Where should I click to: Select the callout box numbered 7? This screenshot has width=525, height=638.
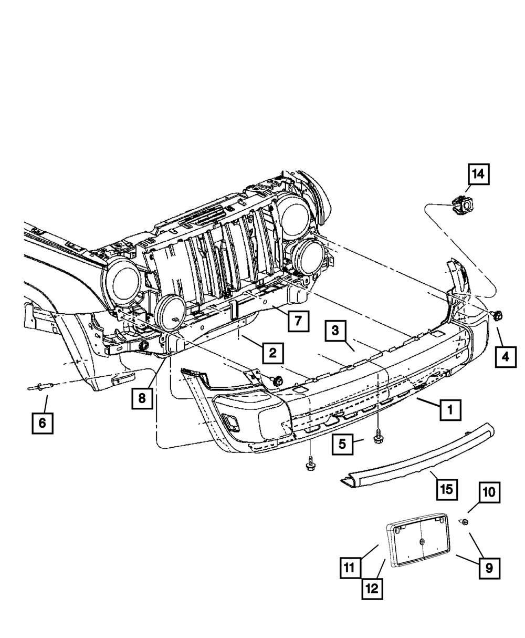pos(298,320)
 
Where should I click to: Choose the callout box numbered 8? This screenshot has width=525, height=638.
pos(142,398)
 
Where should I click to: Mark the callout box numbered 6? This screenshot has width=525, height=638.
pos(42,421)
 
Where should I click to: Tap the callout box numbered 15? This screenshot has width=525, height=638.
pos(445,490)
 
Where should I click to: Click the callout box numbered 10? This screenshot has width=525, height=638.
pos(489,493)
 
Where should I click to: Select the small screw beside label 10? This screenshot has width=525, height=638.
pos(464,522)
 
